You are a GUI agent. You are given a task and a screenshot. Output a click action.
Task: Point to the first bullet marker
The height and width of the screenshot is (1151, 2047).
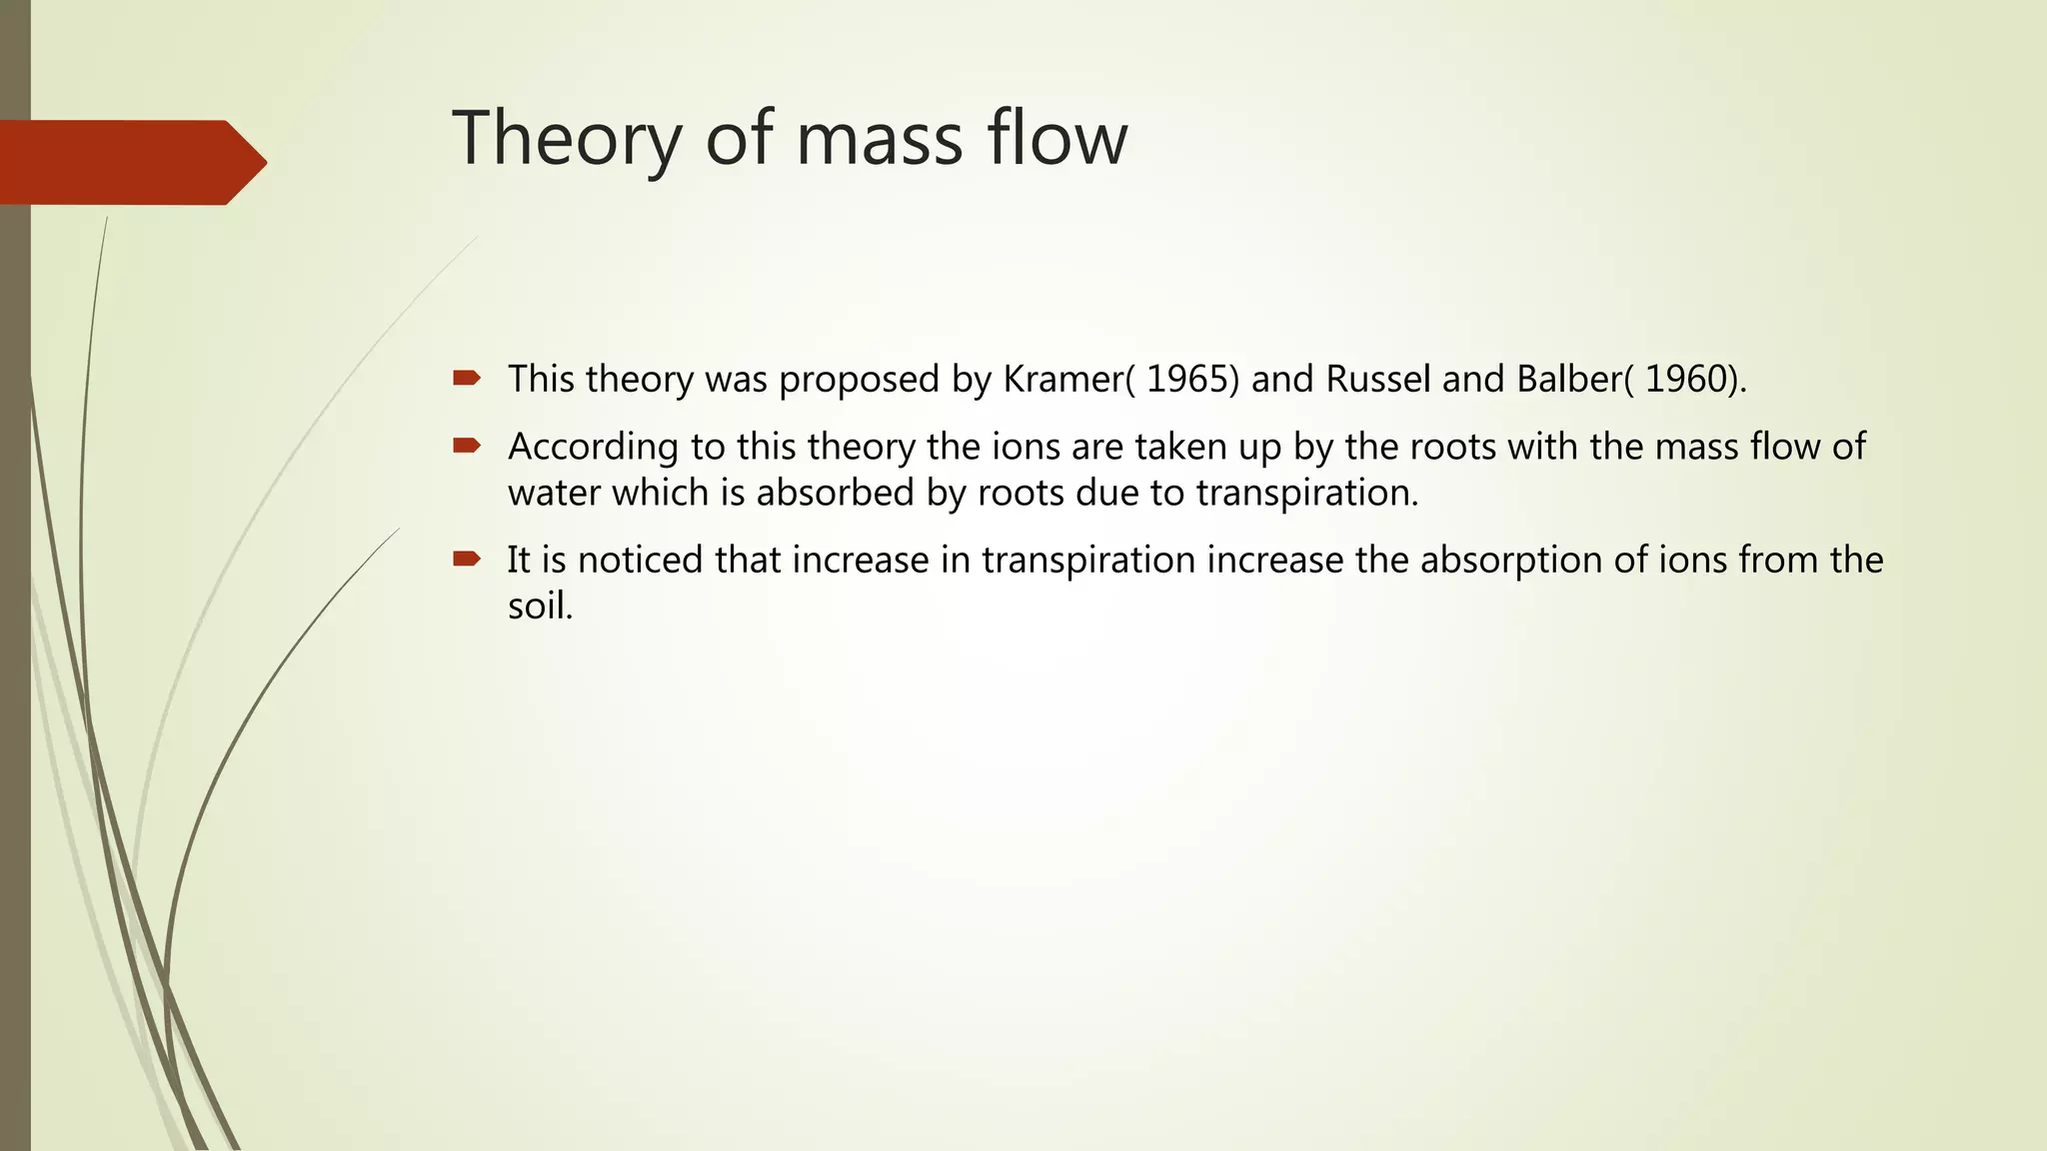click(x=467, y=378)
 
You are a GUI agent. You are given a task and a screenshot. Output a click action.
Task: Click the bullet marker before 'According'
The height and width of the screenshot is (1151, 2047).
click(x=467, y=445)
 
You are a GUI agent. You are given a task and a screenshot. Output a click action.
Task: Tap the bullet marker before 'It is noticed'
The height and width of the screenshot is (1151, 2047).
click(x=467, y=559)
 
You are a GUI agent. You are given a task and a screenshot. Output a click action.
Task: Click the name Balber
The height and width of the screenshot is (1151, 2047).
click(x=1574, y=379)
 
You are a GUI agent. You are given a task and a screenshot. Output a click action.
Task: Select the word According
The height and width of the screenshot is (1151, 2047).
click(x=593, y=447)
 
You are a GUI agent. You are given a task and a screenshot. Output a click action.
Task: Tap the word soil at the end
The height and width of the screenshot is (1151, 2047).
click(x=539, y=605)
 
